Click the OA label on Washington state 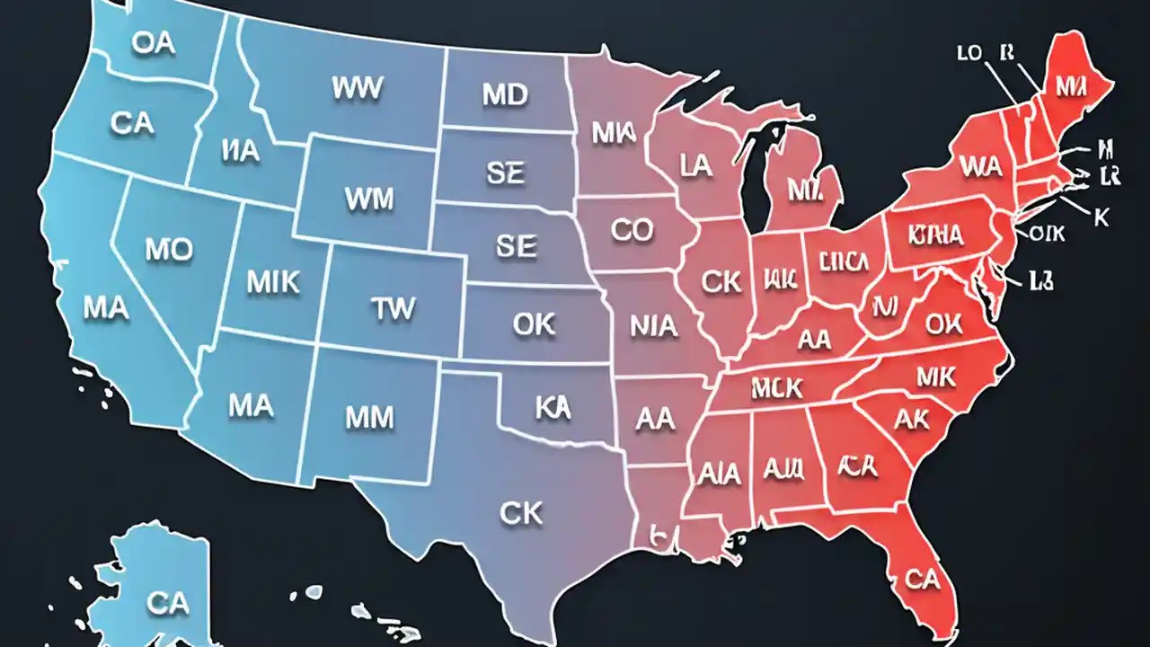tap(153, 44)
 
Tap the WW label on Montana tap(358, 88)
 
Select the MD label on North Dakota tap(505, 95)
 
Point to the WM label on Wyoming tap(368, 199)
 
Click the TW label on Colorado tap(394, 309)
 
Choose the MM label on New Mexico tap(369, 417)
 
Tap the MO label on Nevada tap(169, 251)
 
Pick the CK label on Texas tap(521, 513)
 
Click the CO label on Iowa tap(632, 230)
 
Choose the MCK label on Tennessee tap(777, 388)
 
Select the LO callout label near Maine tap(969, 53)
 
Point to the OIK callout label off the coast tap(1047, 234)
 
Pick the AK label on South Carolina tap(912, 420)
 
